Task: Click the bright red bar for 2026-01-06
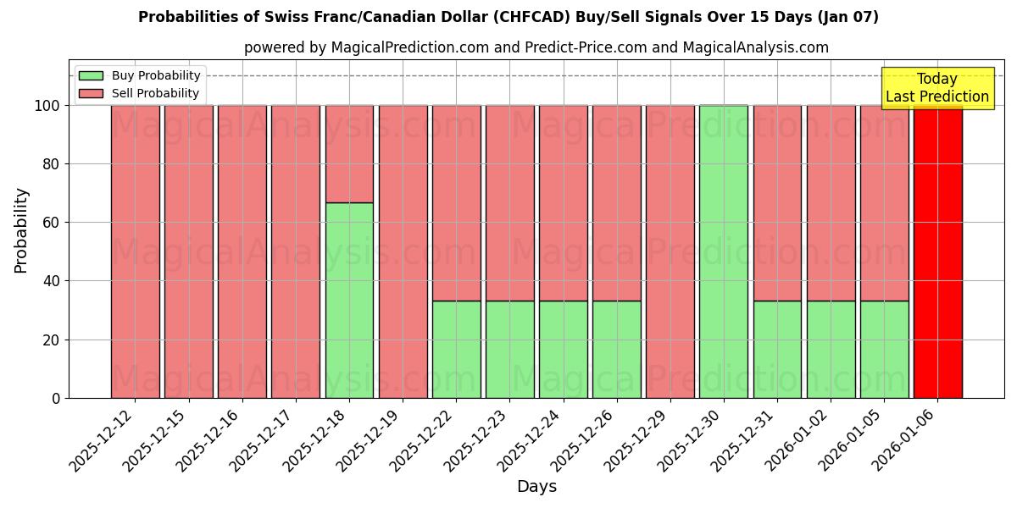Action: [x=937, y=254]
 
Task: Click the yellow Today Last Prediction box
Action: [x=937, y=88]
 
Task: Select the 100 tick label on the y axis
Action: [x=47, y=106]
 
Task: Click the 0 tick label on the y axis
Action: [x=56, y=398]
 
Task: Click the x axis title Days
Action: [x=536, y=487]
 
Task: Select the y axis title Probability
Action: [x=21, y=230]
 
